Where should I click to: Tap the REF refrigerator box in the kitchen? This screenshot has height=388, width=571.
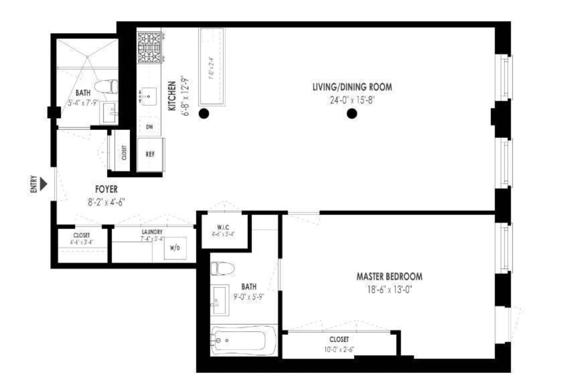click(x=150, y=154)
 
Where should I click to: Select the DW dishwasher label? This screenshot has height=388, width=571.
click(x=149, y=127)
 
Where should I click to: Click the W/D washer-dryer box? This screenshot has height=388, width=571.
click(x=175, y=248)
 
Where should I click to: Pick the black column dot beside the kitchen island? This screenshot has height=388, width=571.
click(x=204, y=114)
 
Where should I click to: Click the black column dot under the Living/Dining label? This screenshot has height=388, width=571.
click(x=352, y=114)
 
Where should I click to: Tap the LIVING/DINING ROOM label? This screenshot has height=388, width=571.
click(x=351, y=87)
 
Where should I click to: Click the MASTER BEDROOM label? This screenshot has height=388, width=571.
click(x=389, y=276)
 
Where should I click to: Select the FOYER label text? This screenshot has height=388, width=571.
click(x=106, y=190)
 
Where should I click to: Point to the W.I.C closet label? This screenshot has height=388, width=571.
click(x=223, y=227)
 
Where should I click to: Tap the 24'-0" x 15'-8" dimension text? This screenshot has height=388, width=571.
click(x=352, y=100)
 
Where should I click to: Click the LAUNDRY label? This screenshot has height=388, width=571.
click(x=151, y=232)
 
